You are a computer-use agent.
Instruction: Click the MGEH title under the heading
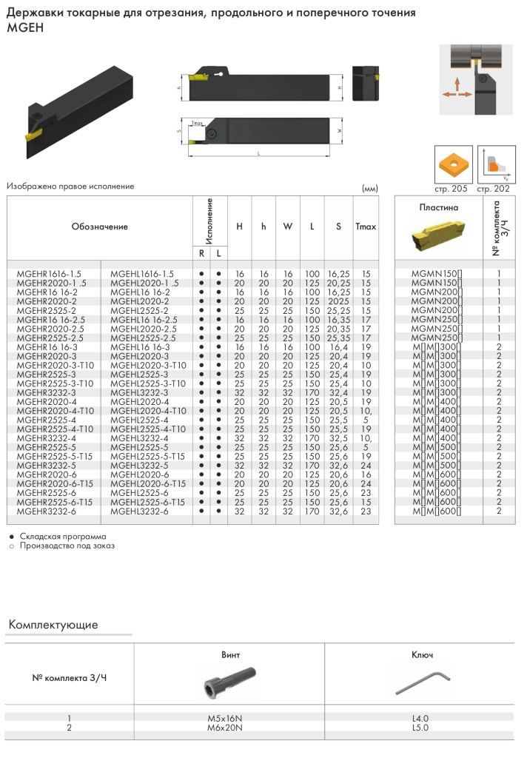click(x=25, y=27)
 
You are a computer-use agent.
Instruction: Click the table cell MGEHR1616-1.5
click(x=48, y=274)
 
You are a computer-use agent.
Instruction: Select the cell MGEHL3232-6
click(x=140, y=511)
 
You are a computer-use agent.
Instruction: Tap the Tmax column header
click(x=365, y=227)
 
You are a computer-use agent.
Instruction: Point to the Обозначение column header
click(x=100, y=227)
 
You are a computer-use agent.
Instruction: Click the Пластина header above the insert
click(x=438, y=207)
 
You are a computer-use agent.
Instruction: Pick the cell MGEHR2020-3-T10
click(x=55, y=366)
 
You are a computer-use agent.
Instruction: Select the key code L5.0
click(x=420, y=728)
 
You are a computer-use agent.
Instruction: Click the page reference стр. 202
click(x=493, y=189)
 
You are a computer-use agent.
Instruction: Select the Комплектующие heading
click(x=53, y=625)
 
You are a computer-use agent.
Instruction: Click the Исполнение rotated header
click(x=210, y=221)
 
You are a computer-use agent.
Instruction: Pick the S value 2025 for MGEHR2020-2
click(x=338, y=301)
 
